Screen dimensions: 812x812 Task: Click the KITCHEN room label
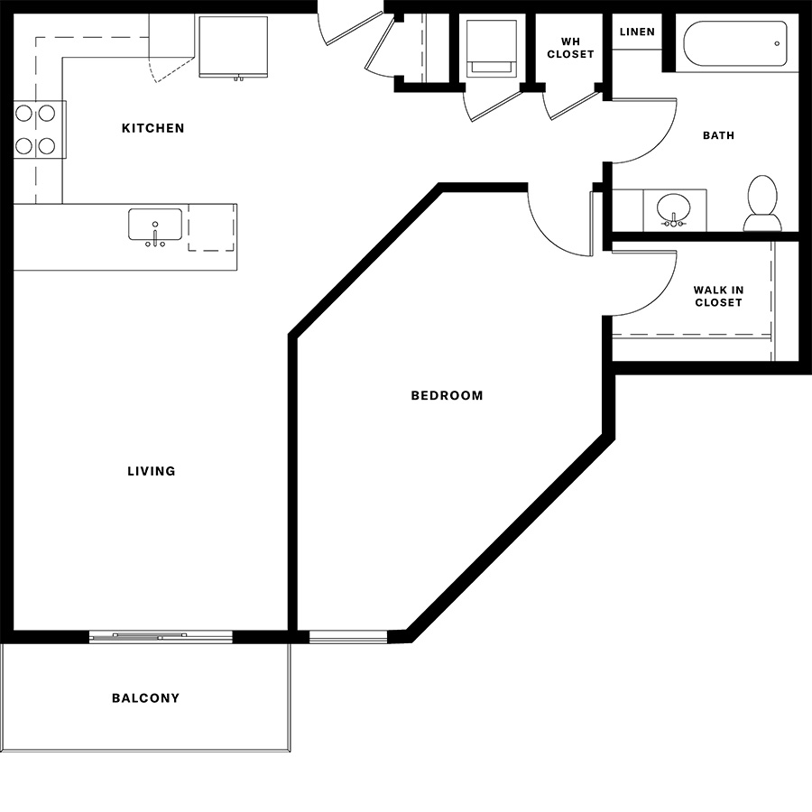[152, 128]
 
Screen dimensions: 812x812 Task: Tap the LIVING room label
[152, 471]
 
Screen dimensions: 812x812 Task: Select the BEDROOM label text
[447, 396]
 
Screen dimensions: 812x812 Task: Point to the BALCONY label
[145, 698]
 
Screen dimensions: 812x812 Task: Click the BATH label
[718, 135]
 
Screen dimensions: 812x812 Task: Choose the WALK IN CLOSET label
[718, 296]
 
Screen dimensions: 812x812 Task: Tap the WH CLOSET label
[570, 48]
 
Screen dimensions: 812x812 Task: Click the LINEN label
[637, 32]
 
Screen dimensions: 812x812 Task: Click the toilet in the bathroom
[762, 203]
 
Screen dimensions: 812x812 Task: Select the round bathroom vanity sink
[673, 209]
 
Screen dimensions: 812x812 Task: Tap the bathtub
[735, 43]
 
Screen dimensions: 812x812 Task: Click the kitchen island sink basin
[155, 225]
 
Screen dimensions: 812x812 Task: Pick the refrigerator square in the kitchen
[233, 47]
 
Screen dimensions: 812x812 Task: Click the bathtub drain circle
[777, 43]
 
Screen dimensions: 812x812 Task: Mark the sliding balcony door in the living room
[161, 636]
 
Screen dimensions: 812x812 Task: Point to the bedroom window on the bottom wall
[348, 636]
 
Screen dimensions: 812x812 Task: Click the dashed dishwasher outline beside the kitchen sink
[211, 227]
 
